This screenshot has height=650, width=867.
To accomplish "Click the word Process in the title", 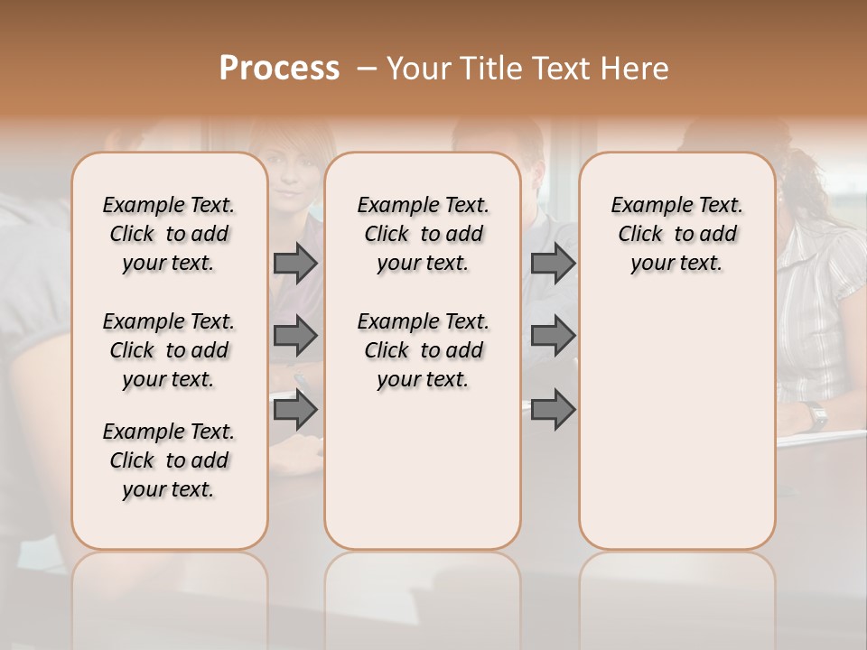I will [279, 69].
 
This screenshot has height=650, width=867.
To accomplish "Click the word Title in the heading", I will [489, 69].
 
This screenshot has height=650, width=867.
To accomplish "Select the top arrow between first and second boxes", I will [295, 263].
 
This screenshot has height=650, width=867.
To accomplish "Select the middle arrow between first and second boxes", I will [295, 336].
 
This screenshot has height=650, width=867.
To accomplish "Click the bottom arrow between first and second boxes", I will [295, 410].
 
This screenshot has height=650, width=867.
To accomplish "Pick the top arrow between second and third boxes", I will [553, 263].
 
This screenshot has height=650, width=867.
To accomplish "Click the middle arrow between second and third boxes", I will [553, 336].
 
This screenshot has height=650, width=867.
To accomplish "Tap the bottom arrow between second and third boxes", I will [553, 410].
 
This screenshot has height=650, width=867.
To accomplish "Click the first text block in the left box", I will [169, 234].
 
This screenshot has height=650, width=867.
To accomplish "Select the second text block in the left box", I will [169, 350].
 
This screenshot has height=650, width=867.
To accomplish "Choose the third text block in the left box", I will [169, 460].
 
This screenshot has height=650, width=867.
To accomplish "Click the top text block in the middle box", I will [423, 234].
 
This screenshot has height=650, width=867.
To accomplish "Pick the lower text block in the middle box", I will [423, 350].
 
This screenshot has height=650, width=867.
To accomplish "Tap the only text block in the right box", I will [676, 234].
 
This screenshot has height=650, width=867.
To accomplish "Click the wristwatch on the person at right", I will [816, 415].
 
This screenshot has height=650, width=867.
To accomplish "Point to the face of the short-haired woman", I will [288, 181].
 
